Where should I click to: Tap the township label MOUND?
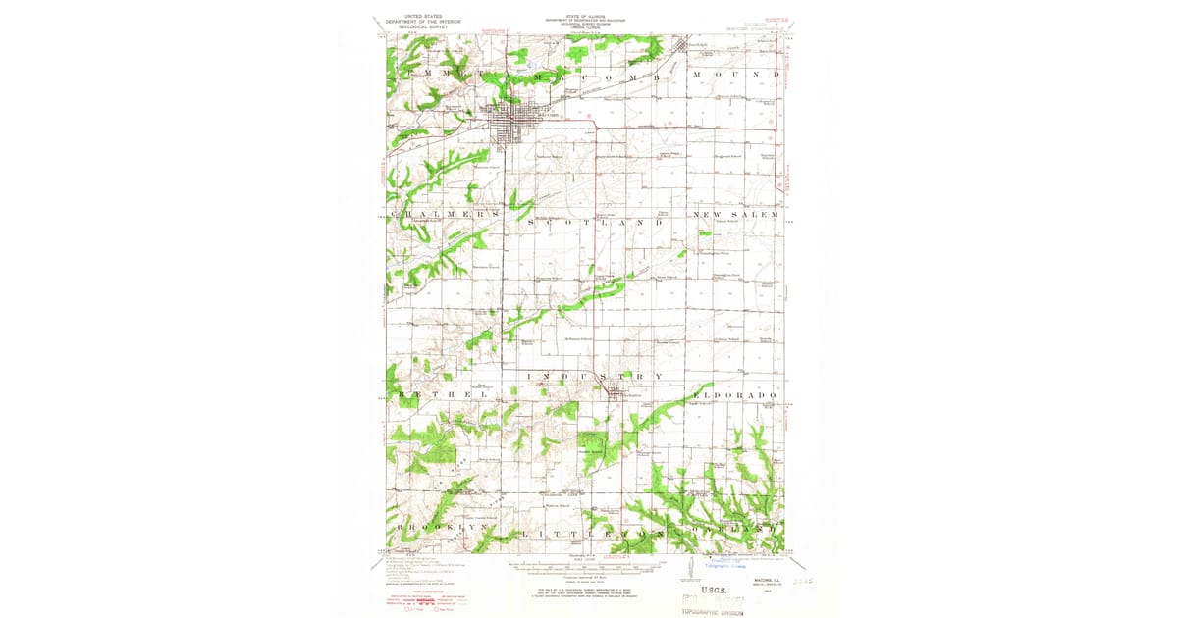point(736,76)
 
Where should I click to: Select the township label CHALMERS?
point(446,214)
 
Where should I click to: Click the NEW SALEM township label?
point(736,214)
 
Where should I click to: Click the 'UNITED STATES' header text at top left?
point(416,18)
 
